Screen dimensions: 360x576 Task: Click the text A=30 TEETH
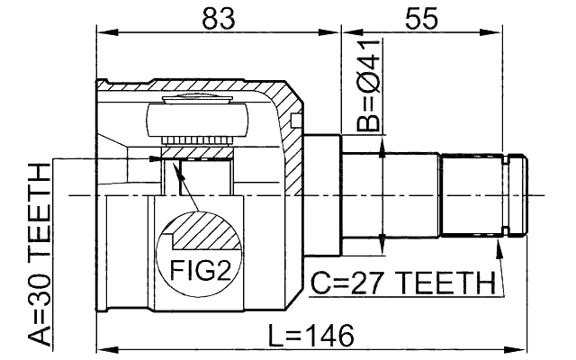40,255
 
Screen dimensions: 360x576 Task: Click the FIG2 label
198,269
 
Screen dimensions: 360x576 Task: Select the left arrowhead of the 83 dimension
103,34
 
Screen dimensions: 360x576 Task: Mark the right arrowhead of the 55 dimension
522,34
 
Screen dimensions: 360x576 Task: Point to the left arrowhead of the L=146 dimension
103,347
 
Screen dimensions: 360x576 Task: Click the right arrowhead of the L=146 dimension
522,347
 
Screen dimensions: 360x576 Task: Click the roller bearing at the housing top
198,118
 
